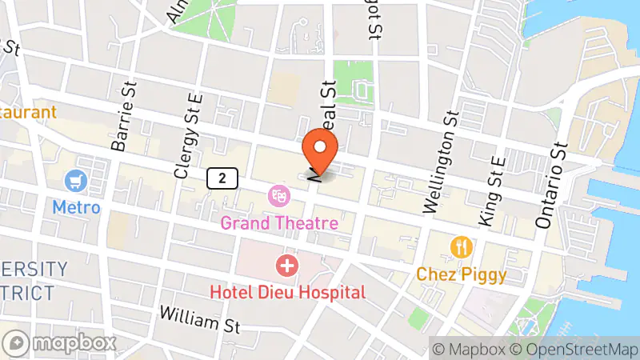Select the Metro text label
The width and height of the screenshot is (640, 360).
coord(77,207)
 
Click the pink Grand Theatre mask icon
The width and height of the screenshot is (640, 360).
coord(279,194)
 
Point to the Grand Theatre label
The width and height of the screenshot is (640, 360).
coord(279,222)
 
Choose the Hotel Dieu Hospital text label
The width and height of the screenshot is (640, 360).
coord(287,292)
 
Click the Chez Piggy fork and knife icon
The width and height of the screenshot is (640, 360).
coord(461,247)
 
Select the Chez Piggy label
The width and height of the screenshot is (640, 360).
coord(461,274)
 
